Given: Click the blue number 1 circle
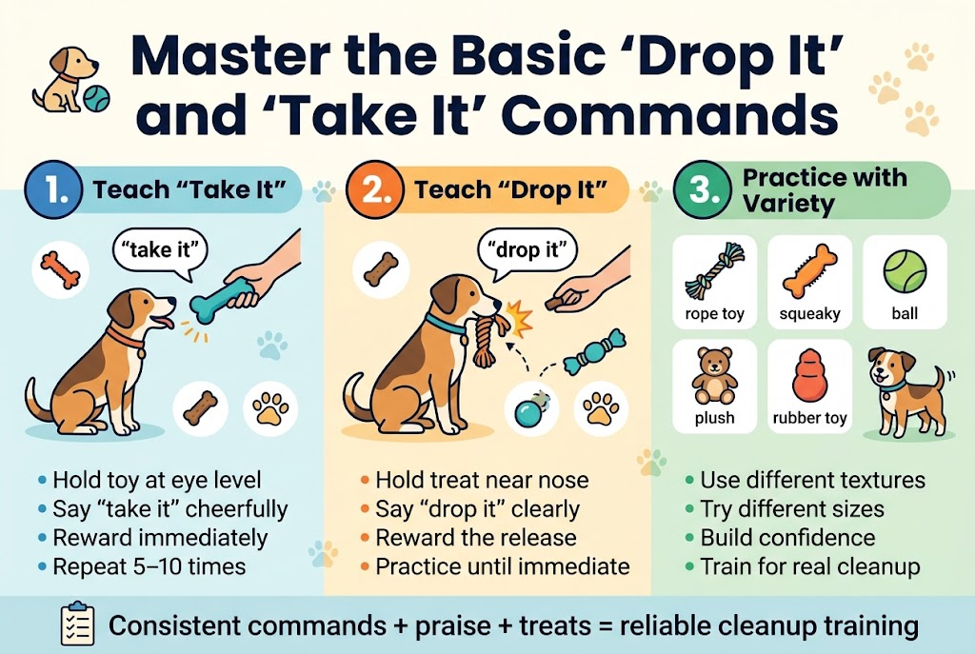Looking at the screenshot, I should [x=49, y=190].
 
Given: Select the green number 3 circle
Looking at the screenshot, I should [x=698, y=190].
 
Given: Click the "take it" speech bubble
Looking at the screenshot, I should [x=160, y=251].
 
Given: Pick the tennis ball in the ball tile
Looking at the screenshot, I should [x=905, y=271].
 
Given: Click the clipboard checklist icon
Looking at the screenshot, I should [x=76, y=624].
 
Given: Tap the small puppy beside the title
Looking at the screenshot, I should [x=67, y=78].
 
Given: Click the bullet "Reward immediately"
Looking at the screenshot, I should [x=160, y=538].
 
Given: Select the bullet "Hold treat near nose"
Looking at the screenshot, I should [x=482, y=481].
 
